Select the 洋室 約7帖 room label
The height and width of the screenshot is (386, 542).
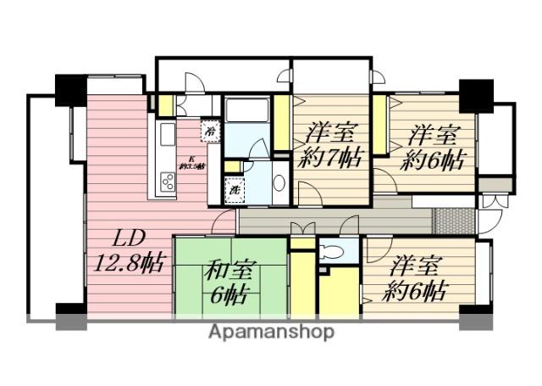(x=331, y=145)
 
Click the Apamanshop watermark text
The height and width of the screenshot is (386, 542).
(x=271, y=331)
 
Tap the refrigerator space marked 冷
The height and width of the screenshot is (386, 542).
(x=209, y=131)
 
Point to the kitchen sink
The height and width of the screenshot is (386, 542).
(x=167, y=134)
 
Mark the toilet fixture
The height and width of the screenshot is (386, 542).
(x=334, y=251)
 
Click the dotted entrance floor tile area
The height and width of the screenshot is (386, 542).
(x=454, y=219)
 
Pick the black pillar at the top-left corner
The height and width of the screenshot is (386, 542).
(x=70, y=90)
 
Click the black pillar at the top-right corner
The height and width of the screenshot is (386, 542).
(x=475, y=94)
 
